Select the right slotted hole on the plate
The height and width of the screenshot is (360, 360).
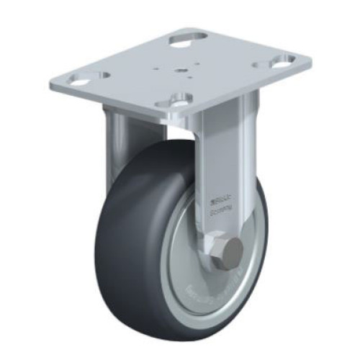pos(280,61)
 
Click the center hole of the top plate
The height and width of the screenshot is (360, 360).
pos(181,70)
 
